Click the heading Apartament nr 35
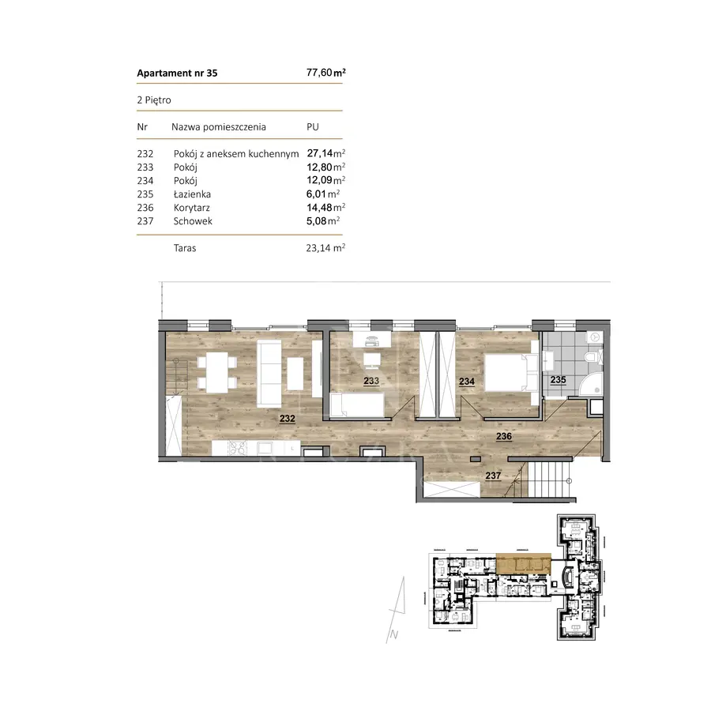point(177,73)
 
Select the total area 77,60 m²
point(326,73)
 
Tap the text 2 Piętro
point(154,100)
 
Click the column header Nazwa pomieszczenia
point(219,127)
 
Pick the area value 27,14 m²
point(326,153)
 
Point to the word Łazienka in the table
point(192,194)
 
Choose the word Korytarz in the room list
point(192,208)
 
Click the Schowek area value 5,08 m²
point(323,221)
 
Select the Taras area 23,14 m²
point(325,248)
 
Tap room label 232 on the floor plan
point(288,419)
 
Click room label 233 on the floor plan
point(371,381)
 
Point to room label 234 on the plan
point(467,382)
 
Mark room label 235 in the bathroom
point(559,379)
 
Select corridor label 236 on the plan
point(504,436)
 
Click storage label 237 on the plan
point(493,476)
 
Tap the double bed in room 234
point(511,373)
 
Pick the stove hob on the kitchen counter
point(237,449)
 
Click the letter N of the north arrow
point(394,635)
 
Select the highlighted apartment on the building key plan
point(524,563)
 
